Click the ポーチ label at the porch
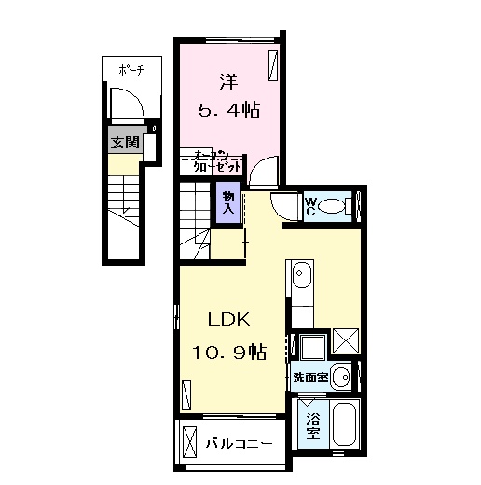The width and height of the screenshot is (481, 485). point(130,71)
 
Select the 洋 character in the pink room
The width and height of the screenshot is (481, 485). point(228,80)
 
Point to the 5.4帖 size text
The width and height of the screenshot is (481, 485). point(228,109)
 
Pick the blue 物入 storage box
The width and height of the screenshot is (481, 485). point(227,203)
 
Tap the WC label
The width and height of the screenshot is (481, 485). point(311,206)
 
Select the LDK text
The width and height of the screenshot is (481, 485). point(227,319)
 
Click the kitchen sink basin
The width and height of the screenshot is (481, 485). point(302,277)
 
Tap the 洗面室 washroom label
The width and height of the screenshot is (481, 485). point(309,378)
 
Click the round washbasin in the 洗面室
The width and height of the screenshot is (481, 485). point(342,378)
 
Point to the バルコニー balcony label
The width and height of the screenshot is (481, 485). point(240,444)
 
